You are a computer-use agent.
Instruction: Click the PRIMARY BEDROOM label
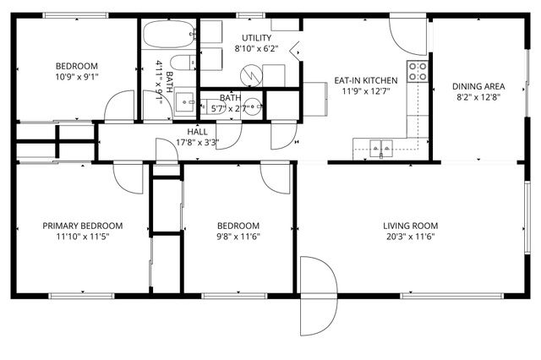click(83, 226)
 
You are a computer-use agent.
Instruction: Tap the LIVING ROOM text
click(410, 226)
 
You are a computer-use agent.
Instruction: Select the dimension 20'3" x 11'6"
click(410, 237)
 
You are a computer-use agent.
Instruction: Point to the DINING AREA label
click(478, 85)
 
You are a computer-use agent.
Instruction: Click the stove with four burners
click(418, 71)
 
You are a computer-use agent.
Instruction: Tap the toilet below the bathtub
click(180, 63)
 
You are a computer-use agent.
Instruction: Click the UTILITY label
click(256, 38)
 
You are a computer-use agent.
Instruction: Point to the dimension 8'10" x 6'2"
click(256, 49)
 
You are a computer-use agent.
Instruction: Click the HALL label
click(197, 132)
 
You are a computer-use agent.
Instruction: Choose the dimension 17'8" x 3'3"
click(197, 143)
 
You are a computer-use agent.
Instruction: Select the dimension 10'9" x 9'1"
click(77, 77)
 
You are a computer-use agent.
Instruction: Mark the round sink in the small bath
click(258, 107)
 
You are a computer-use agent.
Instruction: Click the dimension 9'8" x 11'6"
click(238, 237)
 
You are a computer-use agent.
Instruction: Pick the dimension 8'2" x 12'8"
click(478, 96)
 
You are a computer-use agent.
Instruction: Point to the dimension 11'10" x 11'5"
click(83, 237)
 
